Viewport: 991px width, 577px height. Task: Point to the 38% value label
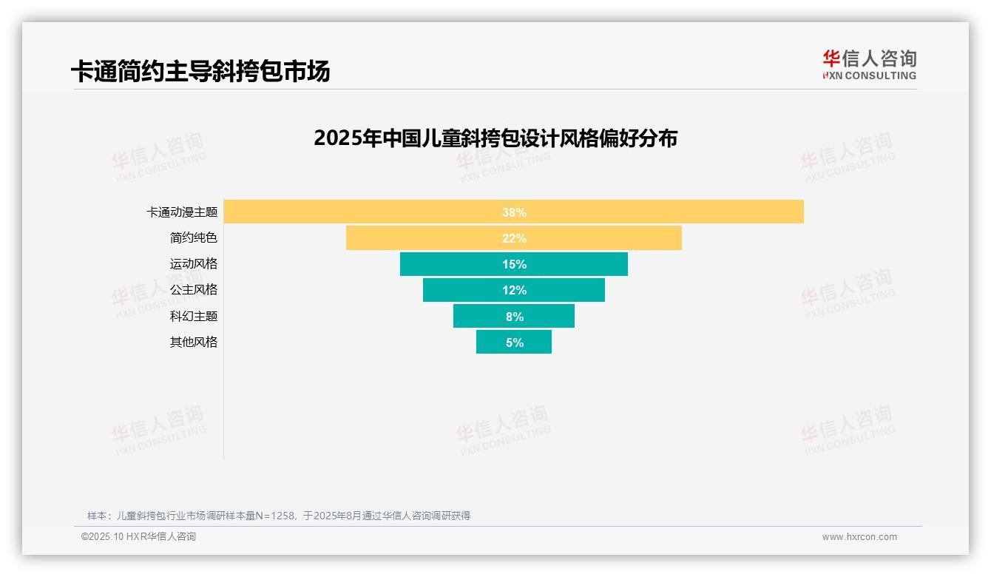514,212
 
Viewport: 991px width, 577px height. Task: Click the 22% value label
514,238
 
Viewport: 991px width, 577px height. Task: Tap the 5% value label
514,343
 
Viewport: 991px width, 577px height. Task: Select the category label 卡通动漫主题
182,212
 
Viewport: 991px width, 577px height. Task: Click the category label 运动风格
194,264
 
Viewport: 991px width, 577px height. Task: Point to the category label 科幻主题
194,316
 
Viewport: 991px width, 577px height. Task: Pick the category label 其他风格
194,342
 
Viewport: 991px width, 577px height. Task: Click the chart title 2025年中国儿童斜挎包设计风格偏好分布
495,138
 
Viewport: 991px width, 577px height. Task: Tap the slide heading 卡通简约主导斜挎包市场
200,71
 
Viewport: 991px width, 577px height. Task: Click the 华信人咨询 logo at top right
869,65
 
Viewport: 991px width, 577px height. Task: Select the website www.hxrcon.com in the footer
859,537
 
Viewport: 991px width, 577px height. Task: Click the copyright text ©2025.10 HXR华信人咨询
138,537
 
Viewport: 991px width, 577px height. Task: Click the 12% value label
514,290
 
